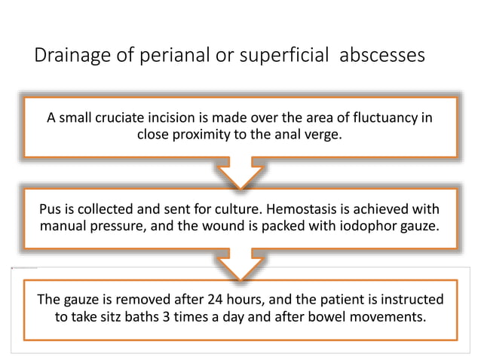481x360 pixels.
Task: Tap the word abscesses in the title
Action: (x=382, y=56)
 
